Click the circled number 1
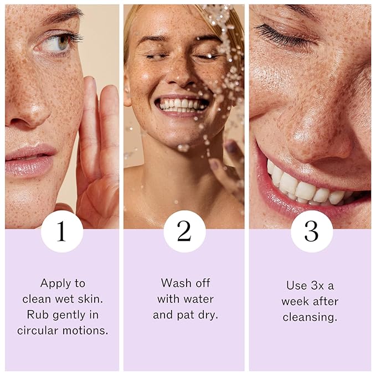61,231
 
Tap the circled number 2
184,231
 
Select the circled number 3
311,231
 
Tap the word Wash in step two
172,283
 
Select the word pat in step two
185,315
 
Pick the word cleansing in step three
310,317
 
